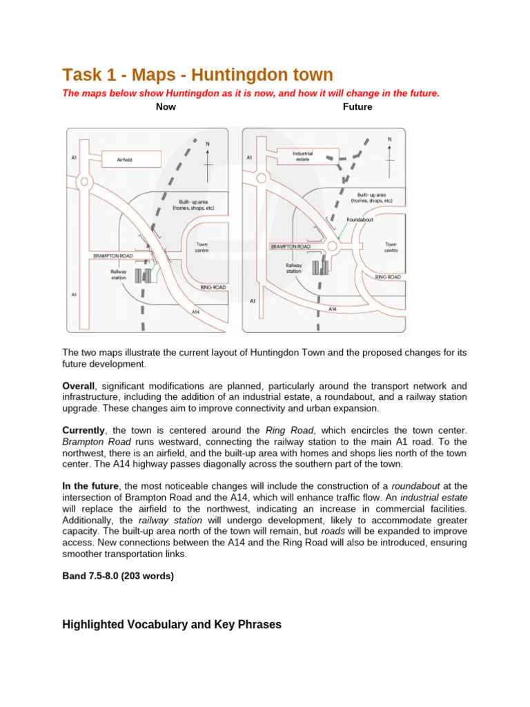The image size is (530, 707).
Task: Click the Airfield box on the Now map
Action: (131, 159)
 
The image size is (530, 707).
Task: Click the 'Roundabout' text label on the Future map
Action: (360, 220)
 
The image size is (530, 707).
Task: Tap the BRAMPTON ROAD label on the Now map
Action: (112, 255)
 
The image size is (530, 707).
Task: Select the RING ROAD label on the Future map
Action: (388, 276)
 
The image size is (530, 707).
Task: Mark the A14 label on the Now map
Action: (196, 311)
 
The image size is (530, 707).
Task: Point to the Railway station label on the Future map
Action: (294, 268)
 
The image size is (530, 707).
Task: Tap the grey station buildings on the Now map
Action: (143, 275)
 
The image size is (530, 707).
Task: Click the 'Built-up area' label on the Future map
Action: (371, 197)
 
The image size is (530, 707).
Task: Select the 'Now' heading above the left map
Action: (166, 107)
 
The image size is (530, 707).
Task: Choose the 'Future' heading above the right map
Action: (357, 107)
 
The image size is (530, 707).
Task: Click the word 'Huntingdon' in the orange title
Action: (222, 75)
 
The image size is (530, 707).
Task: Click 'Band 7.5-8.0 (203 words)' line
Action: (118, 576)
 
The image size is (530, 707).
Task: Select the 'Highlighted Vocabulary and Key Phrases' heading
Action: (172, 624)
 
